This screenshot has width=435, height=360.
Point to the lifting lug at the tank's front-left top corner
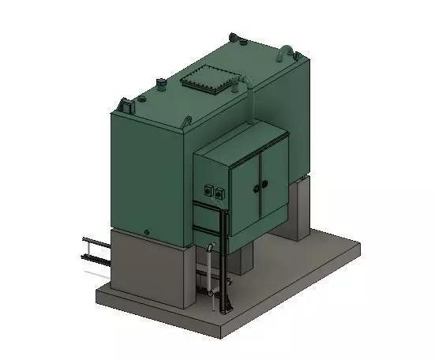[x=126, y=104]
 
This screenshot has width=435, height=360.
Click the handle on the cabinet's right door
[x=264, y=184]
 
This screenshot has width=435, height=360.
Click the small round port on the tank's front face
[x=146, y=231]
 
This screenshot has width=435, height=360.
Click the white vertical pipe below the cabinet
[x=208, y=272]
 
